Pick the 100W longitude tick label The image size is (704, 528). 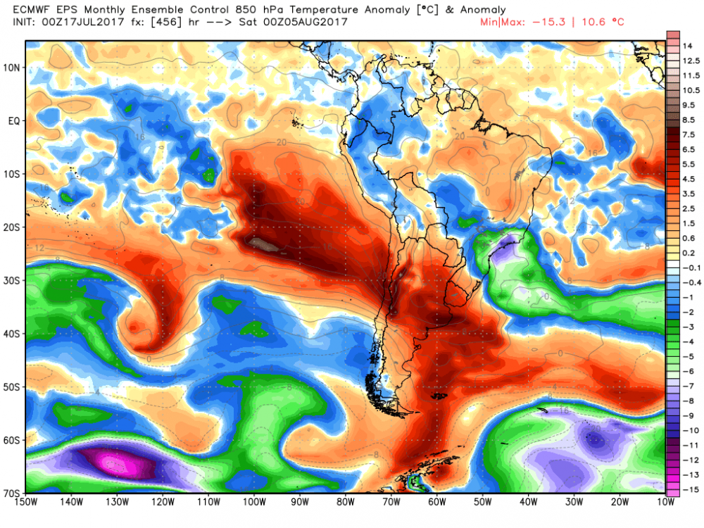(x=254, y=502)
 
